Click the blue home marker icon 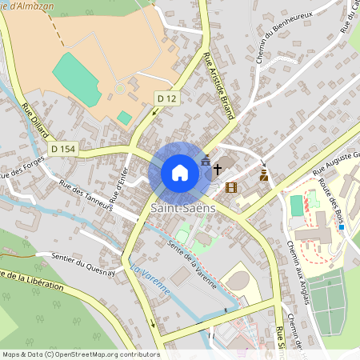coord(180,173)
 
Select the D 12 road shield coord(165,98)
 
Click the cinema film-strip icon coord(232,187)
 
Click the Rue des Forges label coord(22,169)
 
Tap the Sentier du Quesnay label coord(84,264)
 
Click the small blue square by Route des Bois coord(342,228)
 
